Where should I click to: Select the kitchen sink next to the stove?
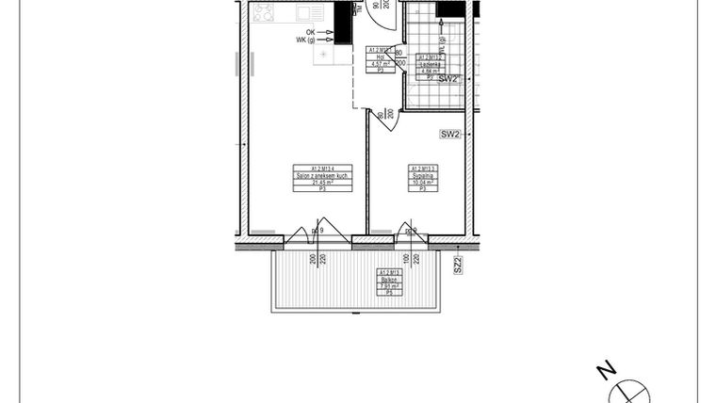(x=307, y=14)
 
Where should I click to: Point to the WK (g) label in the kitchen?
(x=307, y=40)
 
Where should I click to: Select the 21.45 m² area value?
(x=323, y=184)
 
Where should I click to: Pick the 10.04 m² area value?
(x=423, y=183)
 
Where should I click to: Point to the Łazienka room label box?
(x=431, y=63)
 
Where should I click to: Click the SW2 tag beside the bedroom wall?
(x=450, y=135)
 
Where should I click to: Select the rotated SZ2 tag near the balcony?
(x=458, y=265)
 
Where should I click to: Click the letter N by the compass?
(x=608, y=369)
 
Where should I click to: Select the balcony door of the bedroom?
(x=410, y=234)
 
